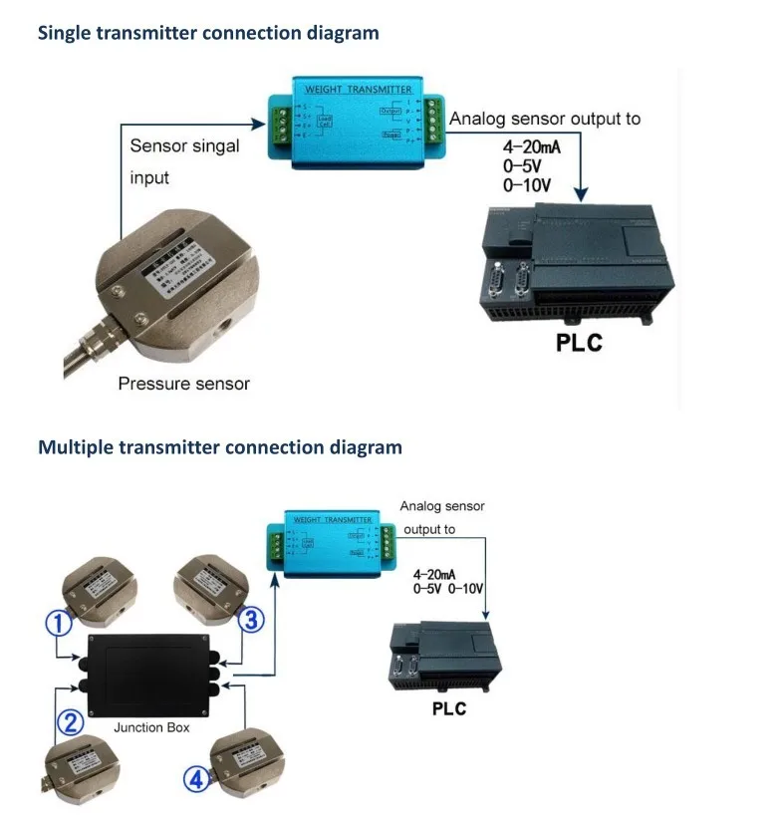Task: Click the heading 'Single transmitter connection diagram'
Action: click(208, 33)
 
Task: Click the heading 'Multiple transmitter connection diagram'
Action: click(220, 447)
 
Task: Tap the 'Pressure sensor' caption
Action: click(183, 384)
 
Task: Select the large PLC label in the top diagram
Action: click(579, 345)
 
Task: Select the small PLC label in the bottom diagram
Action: click(448, 709)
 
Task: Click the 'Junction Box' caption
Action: click(151, 727)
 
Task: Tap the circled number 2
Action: click(68, 723)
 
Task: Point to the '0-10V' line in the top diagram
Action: click(526, 185)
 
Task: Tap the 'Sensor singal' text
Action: click(185, 146)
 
